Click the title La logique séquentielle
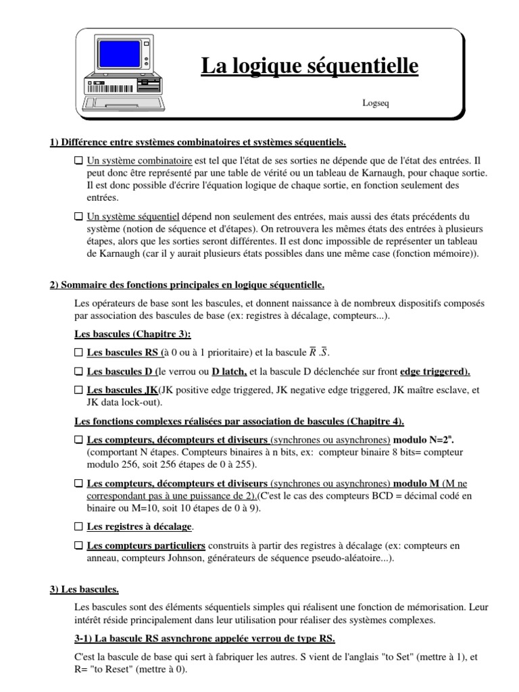(310, 66)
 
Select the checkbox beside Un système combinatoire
(79, 162)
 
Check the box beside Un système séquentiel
(79, 218)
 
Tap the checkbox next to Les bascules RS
(79, 353)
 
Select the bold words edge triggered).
(435, 372)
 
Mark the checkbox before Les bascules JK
(79, 391)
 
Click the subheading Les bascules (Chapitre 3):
(132, 334)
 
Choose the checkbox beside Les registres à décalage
(79, 526)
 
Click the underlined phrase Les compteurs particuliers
(146, 545)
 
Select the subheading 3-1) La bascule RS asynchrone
(204, 639)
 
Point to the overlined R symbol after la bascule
(313, 352)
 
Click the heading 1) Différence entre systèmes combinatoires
(198, 142)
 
